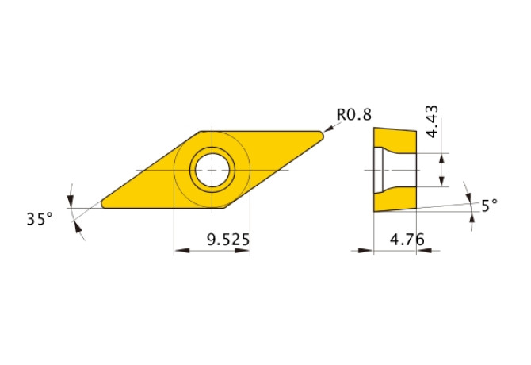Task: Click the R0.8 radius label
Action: point(354,114)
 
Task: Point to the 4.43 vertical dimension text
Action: point(432,121)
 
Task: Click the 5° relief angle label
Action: point(490,205)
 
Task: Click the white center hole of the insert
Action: point(212,169)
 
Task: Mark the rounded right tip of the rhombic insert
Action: point(322,136)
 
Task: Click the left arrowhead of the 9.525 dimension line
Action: point(179,251)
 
